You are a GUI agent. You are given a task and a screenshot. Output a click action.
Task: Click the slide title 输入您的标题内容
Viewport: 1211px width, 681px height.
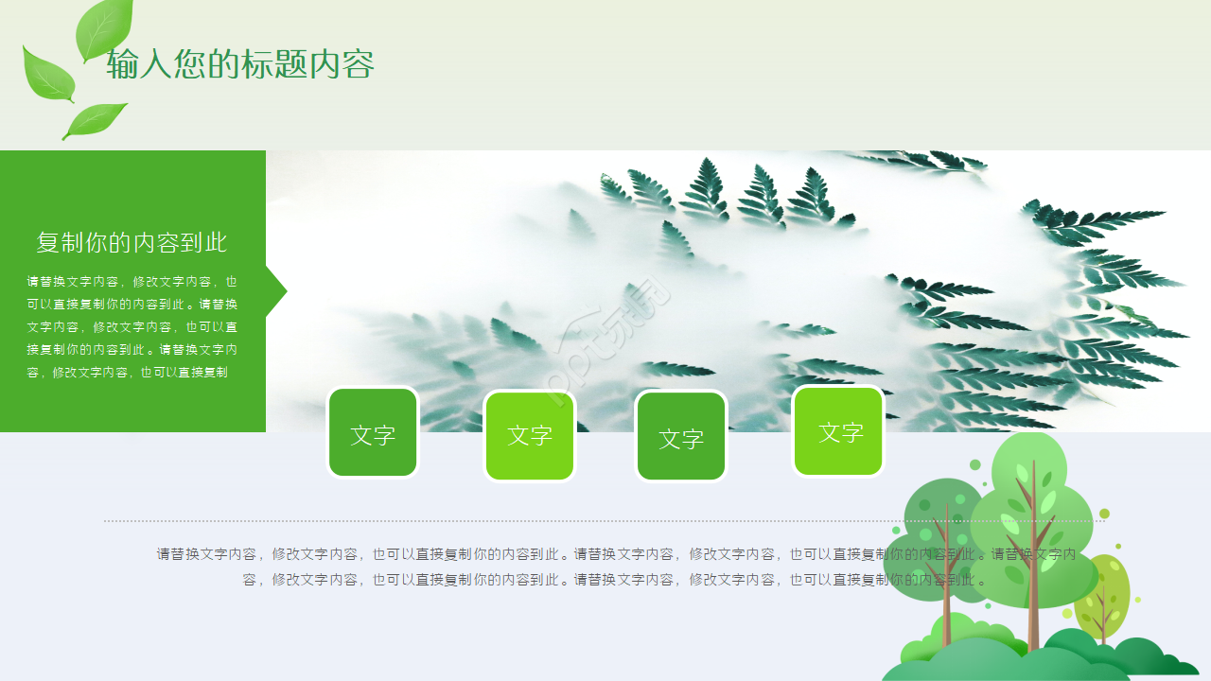[240, 64]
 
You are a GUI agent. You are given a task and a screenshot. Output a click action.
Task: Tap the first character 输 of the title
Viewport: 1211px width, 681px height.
[121, 64]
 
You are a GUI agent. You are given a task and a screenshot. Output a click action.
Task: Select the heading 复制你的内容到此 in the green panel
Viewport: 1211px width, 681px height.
[132, 242]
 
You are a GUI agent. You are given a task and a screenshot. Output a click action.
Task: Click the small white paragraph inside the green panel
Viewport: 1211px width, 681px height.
[132, 326]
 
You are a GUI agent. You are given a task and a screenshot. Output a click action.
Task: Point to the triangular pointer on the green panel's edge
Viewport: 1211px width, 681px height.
[275, 291]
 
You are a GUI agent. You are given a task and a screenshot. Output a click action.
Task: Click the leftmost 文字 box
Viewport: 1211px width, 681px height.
[373, 433]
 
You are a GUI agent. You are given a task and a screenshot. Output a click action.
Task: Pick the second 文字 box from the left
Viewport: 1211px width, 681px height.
[529, 435]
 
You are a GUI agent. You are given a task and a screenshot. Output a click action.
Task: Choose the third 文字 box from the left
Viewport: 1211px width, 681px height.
[681, 436]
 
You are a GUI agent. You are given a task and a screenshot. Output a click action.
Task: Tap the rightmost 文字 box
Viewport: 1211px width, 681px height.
[838, 431]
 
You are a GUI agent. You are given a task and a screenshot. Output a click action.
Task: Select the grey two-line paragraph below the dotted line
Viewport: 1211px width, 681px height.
[615, 567]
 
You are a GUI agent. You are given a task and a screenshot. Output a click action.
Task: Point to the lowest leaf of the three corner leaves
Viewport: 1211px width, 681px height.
[95, 120]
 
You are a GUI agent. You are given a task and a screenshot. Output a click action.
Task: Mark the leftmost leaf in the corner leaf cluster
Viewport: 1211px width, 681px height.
[47, 74]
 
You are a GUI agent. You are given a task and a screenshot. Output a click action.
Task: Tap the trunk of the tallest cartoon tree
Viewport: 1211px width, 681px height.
[1033, 586]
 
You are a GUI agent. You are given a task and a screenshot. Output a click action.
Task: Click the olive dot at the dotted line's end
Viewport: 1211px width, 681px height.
[1103, 514]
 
